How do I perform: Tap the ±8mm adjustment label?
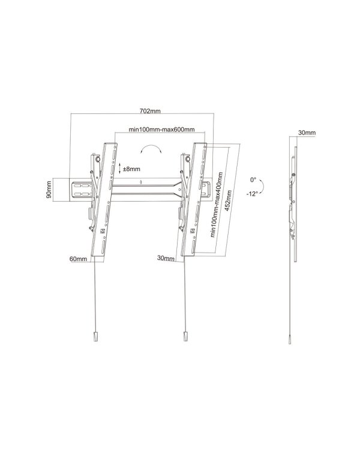(x=132, y=169)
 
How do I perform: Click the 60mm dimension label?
(x=78, y=259)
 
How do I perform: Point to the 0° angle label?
(x=254, y=179)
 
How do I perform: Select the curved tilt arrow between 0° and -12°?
(x=265, y=187)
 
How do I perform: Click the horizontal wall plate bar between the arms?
(x=147, y=189)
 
